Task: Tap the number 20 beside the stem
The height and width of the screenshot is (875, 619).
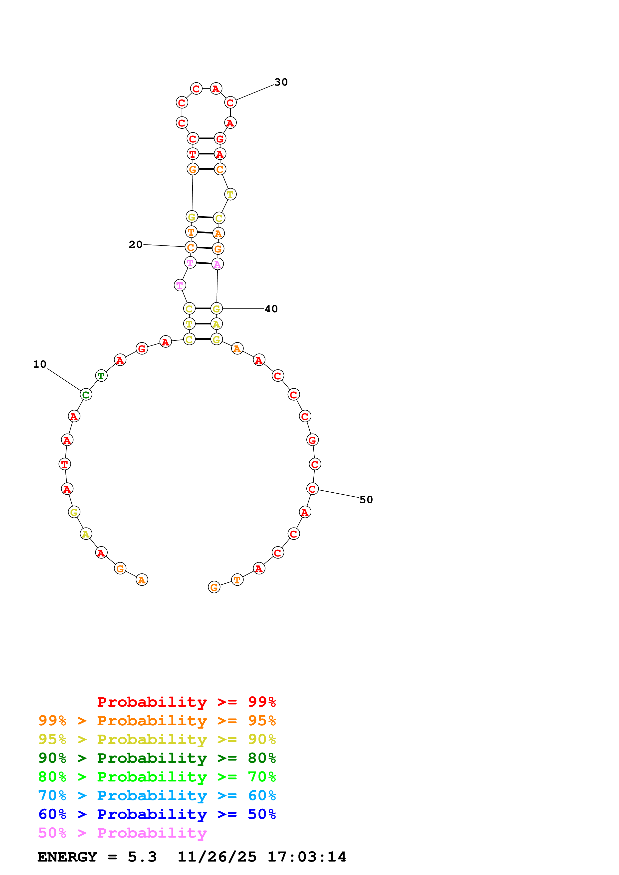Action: [135, 245]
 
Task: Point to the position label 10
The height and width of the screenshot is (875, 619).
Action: [40, 364]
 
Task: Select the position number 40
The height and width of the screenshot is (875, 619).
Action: [271, 309]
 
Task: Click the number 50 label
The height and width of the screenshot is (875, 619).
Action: [366, 500]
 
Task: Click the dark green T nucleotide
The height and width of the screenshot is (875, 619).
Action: [101, 376]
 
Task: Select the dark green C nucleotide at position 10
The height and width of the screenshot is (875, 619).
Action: [86, 395]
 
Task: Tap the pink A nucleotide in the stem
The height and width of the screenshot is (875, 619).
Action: [217, 264]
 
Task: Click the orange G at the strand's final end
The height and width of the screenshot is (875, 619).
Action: [214, 587]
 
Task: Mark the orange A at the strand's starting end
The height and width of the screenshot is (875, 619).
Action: [142, 580]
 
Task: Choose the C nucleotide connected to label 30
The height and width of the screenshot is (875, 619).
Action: [230, 103]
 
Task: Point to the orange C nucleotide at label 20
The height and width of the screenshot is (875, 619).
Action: [191, 247]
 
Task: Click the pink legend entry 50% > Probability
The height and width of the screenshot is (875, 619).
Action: [122, 833]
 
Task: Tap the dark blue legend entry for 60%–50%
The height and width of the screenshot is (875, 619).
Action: [157, 814]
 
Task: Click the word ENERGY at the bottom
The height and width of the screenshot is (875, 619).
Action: [67, 857]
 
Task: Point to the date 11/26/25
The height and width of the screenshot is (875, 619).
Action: [217, 857]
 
